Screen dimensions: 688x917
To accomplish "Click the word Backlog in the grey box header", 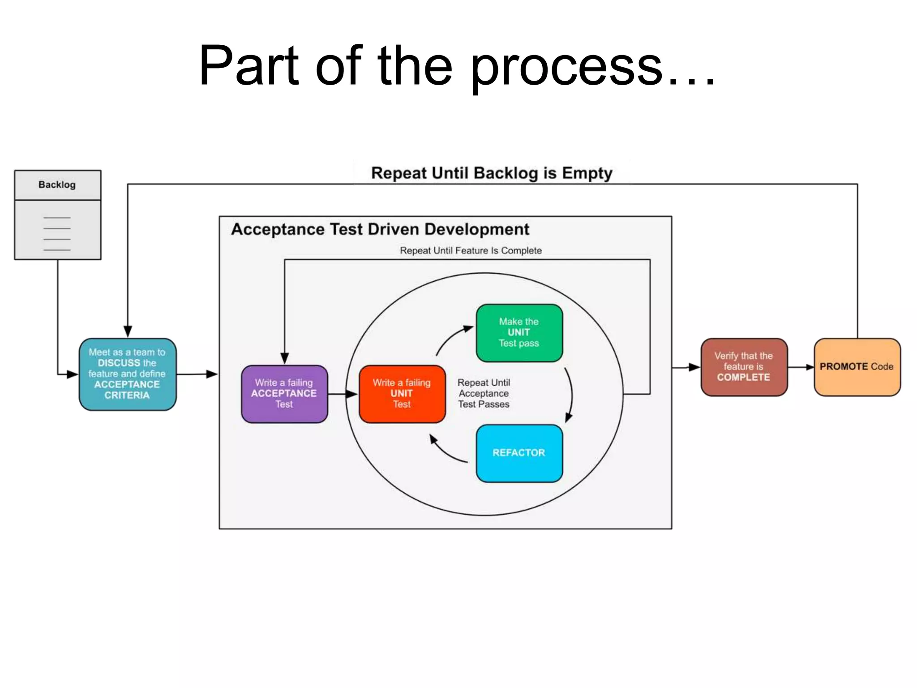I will (x=57, y=185).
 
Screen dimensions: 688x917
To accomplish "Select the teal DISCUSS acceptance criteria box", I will (x=128, y=374).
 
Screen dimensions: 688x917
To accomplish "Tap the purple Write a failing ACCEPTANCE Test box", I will (x=284, y=394).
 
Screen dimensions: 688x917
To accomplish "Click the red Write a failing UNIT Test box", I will (x=402, y=394).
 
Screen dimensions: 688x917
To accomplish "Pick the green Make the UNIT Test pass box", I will (x=519, y=333).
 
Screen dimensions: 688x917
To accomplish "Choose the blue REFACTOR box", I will (x=519, y=453).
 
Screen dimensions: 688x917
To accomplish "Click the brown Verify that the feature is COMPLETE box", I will (x=744, y=367).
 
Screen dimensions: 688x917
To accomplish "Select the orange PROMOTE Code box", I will (x=857, y=367).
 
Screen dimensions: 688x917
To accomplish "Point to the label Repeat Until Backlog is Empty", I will (x=492, y=173).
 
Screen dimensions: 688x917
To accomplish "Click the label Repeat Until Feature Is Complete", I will (x=471, y=250).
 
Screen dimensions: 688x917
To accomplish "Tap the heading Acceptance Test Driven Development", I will (x=380, y=229).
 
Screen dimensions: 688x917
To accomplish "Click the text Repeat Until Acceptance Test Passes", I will (x=484, y=393).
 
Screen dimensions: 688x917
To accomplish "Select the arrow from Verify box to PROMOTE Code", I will (x=801, y=367).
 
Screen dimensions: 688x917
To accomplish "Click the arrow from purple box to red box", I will (x=343, y=394).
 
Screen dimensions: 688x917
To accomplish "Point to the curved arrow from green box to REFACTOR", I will (x=570, y=394).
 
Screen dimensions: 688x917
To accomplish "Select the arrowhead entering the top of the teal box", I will (x=128, y=331).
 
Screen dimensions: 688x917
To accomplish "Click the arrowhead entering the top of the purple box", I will (x=285, y=358).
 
